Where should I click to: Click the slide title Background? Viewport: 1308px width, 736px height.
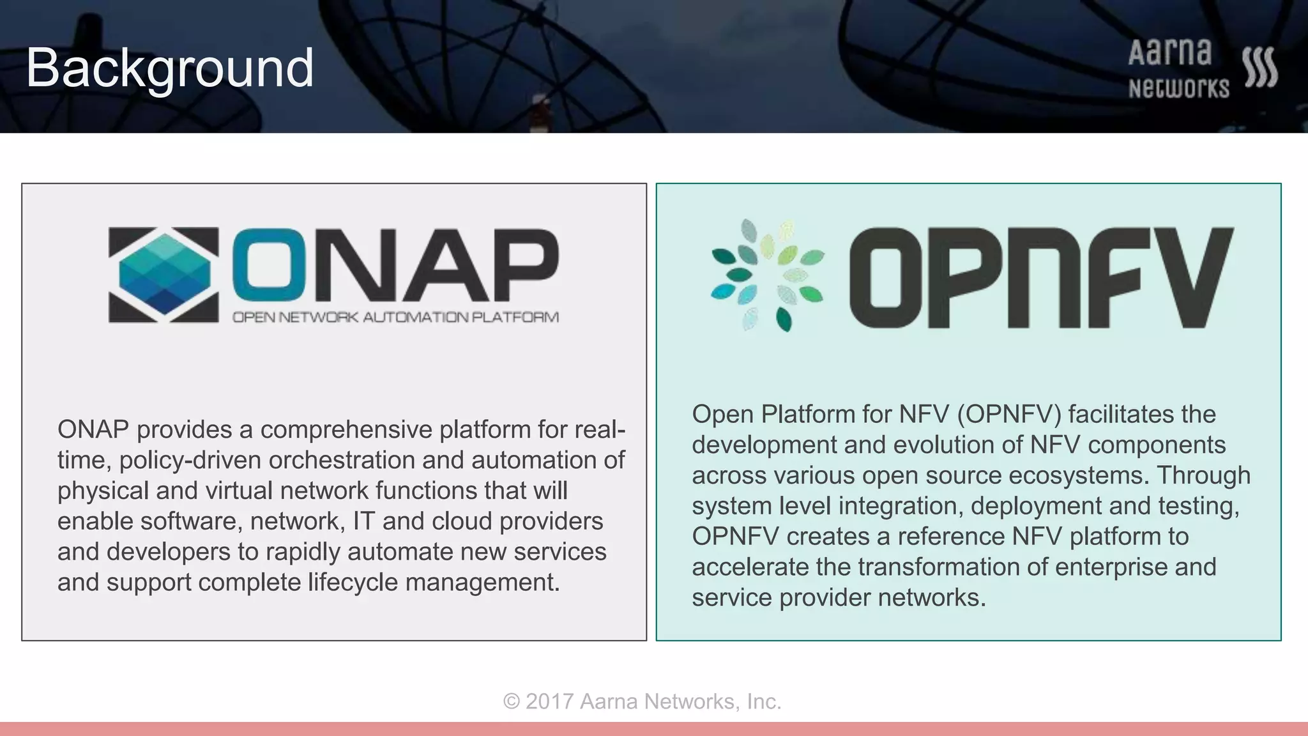tap(169, 68)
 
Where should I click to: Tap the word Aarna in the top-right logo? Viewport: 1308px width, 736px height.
tap(1169, 53)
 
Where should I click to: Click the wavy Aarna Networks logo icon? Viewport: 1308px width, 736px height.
tap(1260, 67)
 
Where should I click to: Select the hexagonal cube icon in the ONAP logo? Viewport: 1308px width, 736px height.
tap(164, 275)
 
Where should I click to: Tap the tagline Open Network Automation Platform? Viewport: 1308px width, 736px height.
tap(395, 317)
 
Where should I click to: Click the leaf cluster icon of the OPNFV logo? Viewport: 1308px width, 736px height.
tap(767, 275)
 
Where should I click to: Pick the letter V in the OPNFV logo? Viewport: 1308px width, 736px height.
tap(1187, 277)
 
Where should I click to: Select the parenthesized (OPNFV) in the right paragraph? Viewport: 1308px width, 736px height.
tap(1008, 415)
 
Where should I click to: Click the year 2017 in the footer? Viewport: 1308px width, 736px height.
tap(549, 701)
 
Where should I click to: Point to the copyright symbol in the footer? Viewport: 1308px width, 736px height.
tap(511, 701)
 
